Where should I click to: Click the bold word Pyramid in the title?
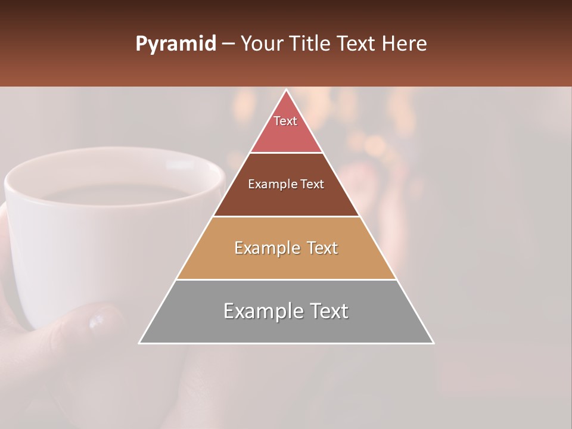tap(175, 44)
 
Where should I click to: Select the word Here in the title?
tap(405, 43)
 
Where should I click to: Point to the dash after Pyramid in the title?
tap(228, 44)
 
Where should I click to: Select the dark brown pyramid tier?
tap(286, 200)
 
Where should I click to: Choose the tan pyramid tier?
tap(286, 262)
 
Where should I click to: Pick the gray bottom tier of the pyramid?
tap(286, 328)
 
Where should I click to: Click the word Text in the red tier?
tap(285, 121)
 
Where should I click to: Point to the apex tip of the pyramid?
tap(286, 91)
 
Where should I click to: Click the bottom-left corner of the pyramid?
tap(140, 343)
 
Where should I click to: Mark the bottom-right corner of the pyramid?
tap(433, 343)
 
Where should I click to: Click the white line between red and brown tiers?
tap(286, 153)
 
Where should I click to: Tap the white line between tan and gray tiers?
tap(286, 279)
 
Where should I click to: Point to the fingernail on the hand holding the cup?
tap(97, 321)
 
